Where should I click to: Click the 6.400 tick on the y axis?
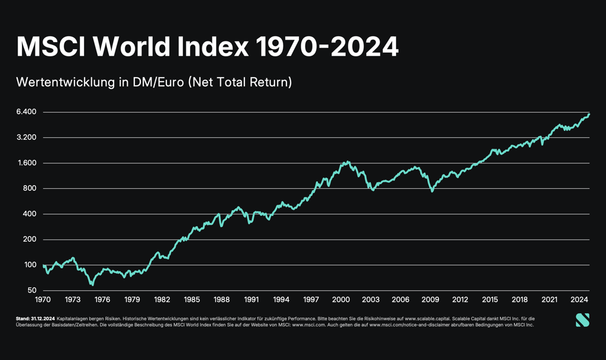27,112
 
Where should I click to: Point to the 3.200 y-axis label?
27,137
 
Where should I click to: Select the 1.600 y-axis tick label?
27,163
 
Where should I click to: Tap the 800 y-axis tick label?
30,188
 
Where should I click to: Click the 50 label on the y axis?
32,290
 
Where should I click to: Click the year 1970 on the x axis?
43,299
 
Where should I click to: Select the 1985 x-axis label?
192,299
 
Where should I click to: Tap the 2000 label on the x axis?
341,299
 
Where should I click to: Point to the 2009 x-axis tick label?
430,299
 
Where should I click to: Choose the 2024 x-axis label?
579,299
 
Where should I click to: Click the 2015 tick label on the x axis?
490,299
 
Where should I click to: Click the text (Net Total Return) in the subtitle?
240,82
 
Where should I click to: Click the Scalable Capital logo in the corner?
582,320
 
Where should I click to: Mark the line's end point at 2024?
589,114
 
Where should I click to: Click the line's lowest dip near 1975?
92,285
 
